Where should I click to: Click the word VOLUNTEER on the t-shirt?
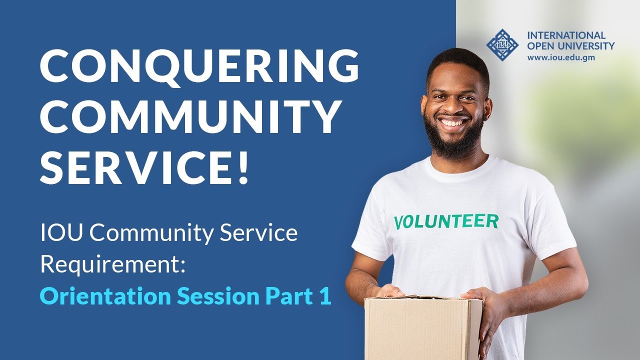pos(446,221)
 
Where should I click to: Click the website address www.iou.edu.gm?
pos(560,57)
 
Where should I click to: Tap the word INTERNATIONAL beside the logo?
pos(566,35)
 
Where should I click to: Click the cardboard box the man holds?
pos(423,327)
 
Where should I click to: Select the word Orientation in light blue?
pos(104,296)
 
